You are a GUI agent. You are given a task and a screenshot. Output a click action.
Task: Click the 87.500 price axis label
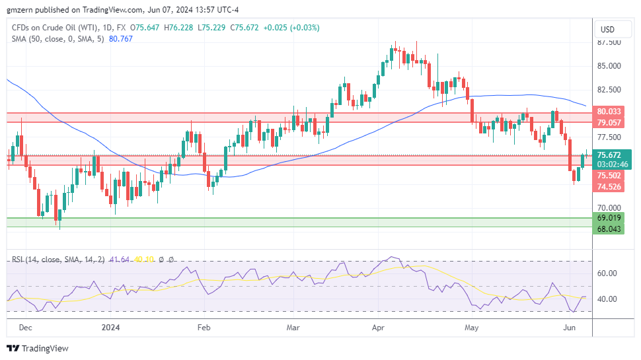[608, 42]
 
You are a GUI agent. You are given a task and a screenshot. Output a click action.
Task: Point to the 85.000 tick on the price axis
[608, 66]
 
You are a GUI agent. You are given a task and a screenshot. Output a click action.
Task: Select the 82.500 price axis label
[608, 90]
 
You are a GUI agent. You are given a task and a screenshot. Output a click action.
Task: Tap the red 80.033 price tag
[609, 112]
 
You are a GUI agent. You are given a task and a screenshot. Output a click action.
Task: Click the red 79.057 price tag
[609, 122]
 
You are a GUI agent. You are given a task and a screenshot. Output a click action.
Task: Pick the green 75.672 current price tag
[609, 155]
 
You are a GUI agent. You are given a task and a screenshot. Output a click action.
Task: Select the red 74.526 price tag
[609, 187]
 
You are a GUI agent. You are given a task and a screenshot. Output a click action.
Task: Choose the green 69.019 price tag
[609, 217]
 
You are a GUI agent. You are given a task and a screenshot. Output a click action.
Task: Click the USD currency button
[607, 29]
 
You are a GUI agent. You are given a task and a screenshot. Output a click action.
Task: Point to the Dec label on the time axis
[25, 327]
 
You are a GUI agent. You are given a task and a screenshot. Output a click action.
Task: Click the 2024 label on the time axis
[110, 327]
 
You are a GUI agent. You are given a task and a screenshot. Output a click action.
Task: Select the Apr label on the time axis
[379, 327]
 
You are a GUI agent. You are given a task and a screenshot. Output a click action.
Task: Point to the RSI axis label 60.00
[607, 273]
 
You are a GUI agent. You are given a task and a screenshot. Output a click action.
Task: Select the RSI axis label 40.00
[607, 299]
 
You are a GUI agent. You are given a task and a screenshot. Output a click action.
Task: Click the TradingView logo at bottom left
[38, 348]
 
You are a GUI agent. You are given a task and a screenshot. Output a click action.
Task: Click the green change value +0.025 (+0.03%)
[291, 28]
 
